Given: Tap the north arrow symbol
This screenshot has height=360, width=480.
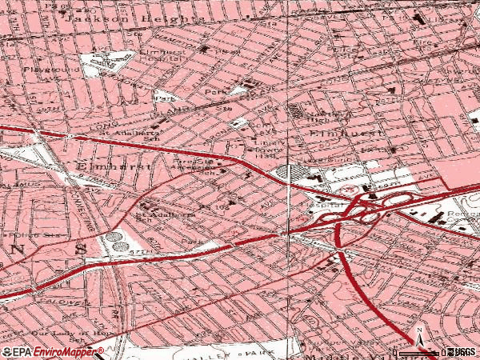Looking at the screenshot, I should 419,333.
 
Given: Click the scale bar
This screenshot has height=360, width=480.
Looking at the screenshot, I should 419,352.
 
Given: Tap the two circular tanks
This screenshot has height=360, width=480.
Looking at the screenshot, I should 118,241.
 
